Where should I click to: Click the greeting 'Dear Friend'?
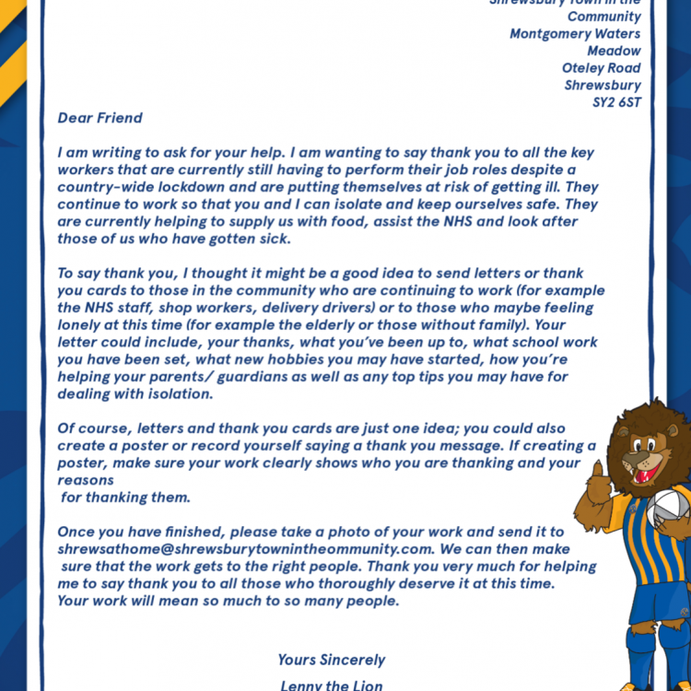tap(100, 118)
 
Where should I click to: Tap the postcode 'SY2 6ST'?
tap(616, 102)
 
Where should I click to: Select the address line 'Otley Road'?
tap(601, 68)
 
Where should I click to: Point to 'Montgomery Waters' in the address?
tap(575, 34)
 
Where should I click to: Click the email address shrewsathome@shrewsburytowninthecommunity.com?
tap(244, 549)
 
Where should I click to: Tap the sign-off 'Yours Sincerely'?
tap(332, 660)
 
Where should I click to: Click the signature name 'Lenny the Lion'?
tap(332, 685)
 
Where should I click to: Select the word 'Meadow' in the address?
tap(614, 52)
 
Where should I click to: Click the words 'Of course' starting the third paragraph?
tap(93, 428)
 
